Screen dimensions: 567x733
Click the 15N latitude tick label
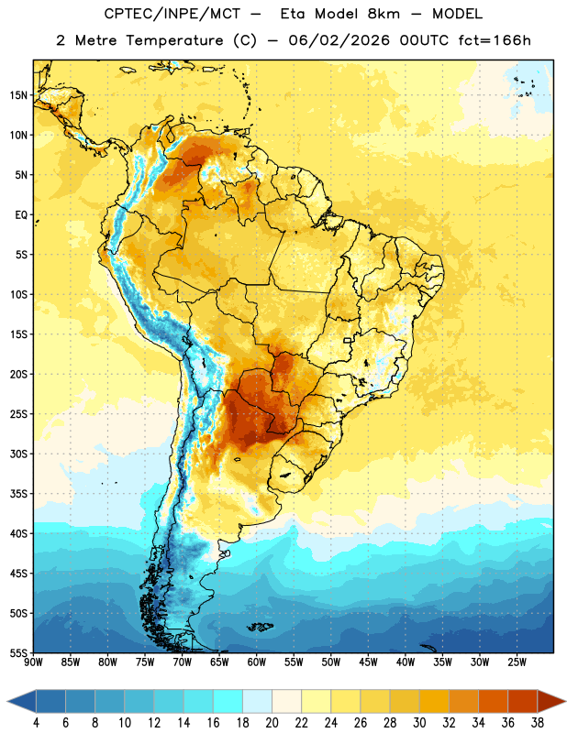coord(18,95)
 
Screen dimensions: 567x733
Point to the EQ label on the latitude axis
coord(21,215)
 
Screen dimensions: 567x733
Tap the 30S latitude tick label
coord(18,454)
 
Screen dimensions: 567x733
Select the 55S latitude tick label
coord(18,653)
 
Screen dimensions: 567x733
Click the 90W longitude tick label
coord(33,662)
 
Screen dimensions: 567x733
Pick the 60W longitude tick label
coord(257,662)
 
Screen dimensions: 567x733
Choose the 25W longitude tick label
coord(517,662)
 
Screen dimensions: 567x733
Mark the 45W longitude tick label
coord(368,662)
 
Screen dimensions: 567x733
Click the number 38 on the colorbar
coord(538,723)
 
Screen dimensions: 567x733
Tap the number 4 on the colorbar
coord(36,723)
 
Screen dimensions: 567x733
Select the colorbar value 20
coord(272,723)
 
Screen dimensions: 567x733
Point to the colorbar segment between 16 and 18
coord(228,702)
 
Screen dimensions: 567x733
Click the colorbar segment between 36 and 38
coord(523,702)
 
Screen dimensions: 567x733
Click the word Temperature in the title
coord(174,40)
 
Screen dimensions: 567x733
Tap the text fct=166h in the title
coord(495,40)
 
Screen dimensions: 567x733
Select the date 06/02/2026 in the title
coord(339,40)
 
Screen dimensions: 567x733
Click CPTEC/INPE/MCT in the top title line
coord(172,14)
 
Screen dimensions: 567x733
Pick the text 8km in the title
coord(384,14)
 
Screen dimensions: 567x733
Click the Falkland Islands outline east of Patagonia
coord(260,627)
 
